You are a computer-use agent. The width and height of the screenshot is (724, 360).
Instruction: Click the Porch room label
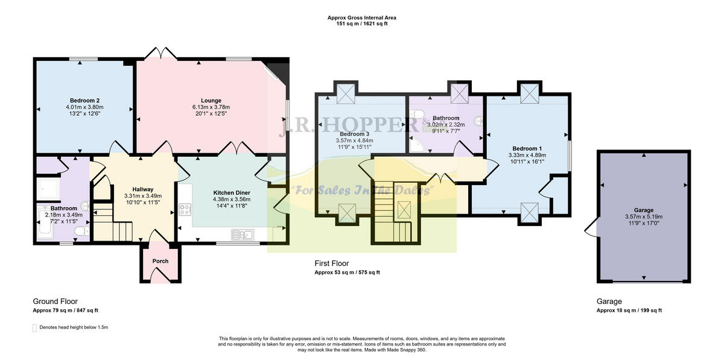click(x=160, y=261)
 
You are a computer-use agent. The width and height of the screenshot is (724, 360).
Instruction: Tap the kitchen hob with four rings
click(x=185, y=210)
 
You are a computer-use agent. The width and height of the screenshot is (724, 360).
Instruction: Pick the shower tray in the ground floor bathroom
click(x=49, y=189)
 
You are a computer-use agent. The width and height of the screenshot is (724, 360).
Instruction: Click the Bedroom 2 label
click(x=81, y=100)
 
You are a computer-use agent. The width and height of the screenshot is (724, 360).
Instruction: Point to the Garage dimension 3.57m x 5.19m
click(x=643, y=216)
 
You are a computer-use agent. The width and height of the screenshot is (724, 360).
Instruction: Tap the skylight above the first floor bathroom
click(x=460, y=93)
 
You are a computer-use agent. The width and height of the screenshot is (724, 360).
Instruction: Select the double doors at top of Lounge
click(x=159, y=54)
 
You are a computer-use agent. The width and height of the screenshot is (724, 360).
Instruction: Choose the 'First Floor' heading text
click(x=331, y=264)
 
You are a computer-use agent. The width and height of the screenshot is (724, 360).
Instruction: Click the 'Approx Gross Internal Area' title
click(x=361, y=18)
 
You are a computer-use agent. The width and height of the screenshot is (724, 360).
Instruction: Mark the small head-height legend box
click(x=34, y=327)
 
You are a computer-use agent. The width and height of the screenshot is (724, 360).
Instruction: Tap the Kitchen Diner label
click(x=232, y=193)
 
